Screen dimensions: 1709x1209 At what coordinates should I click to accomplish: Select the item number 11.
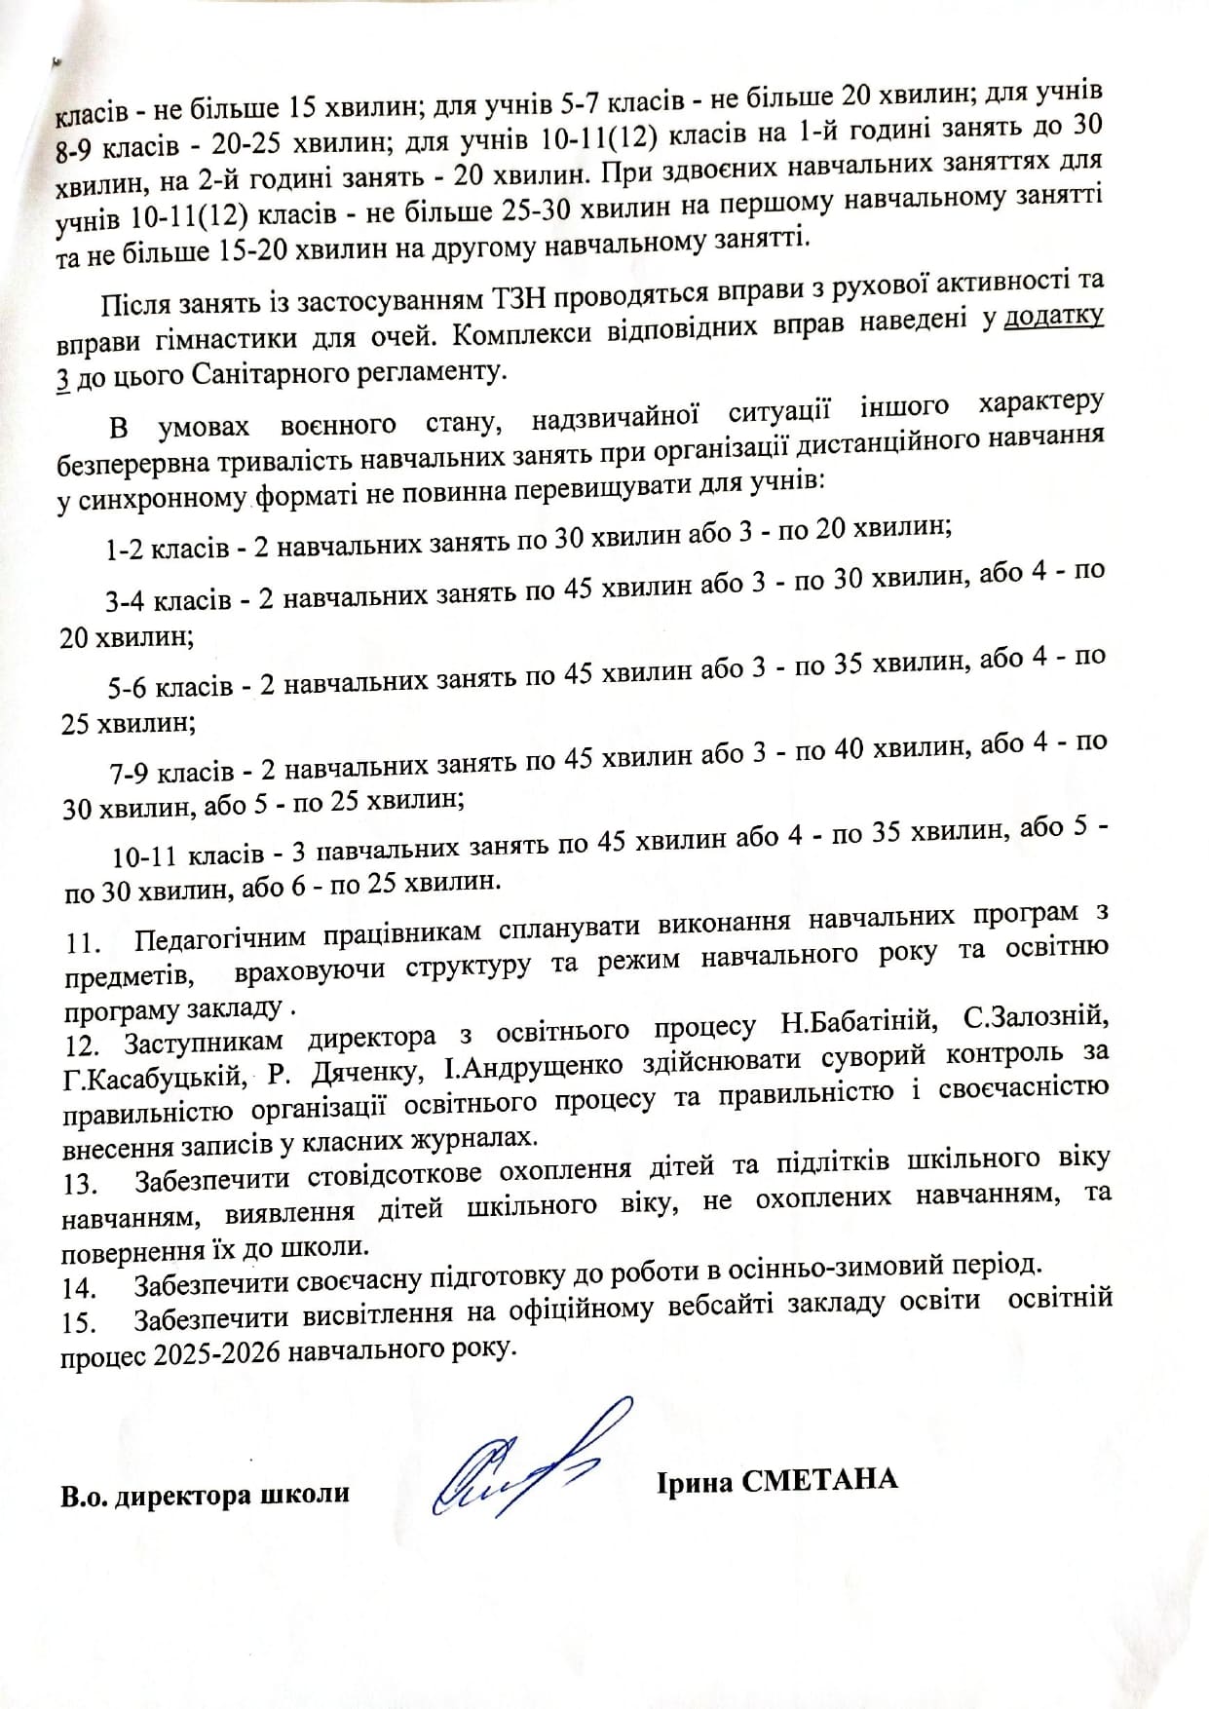point(85,944)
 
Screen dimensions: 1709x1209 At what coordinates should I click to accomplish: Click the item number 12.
point(83,1045)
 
